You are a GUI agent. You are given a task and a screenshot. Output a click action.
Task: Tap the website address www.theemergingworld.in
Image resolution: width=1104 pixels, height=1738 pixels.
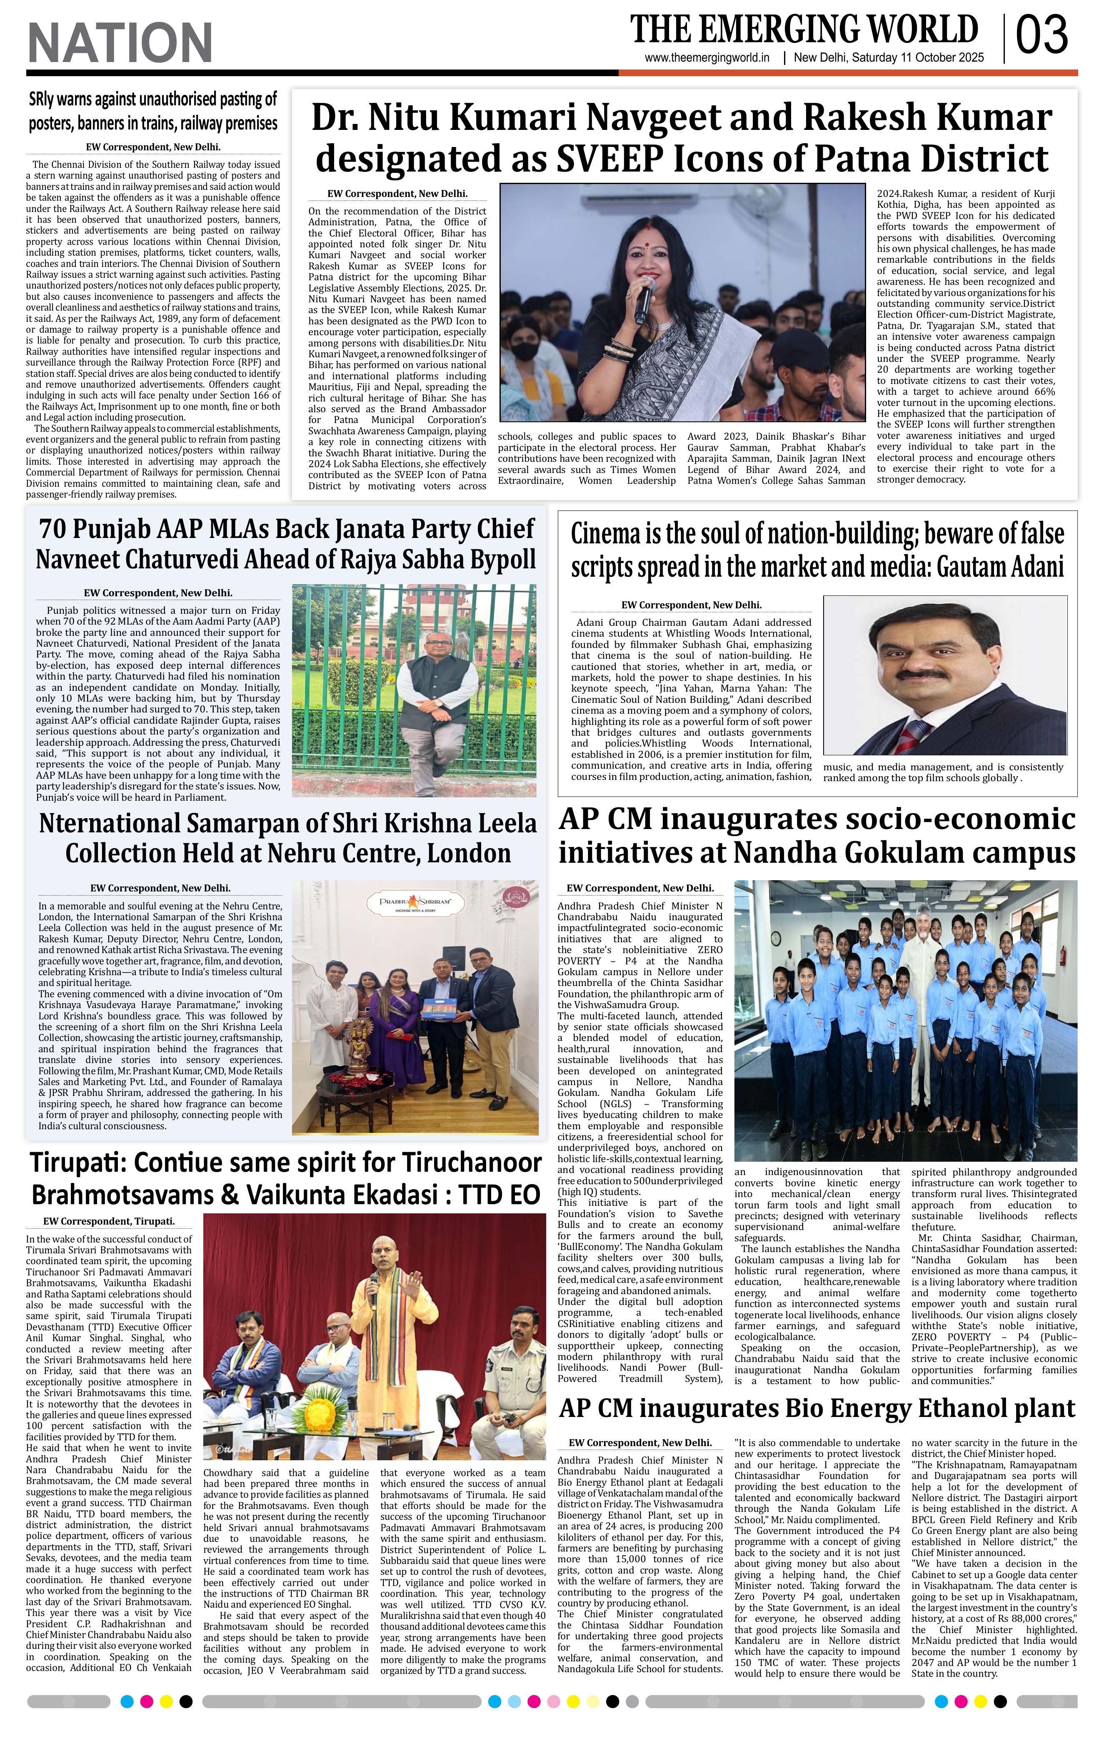(x=707, y=58)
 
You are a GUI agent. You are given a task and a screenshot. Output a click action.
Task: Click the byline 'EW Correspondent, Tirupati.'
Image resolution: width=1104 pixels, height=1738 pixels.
(x=109, y=1221)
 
